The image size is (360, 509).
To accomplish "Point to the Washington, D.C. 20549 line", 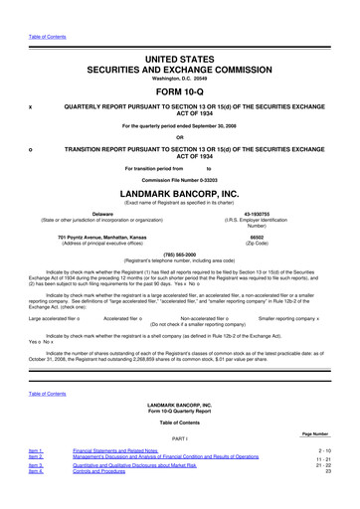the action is click(x=179, y=66).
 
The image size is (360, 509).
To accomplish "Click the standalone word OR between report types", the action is click(x=179, y=137).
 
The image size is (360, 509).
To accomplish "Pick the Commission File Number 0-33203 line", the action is click(x=179, y=177).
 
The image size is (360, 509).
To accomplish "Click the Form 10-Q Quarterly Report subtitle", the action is click(x=179, y=414).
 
